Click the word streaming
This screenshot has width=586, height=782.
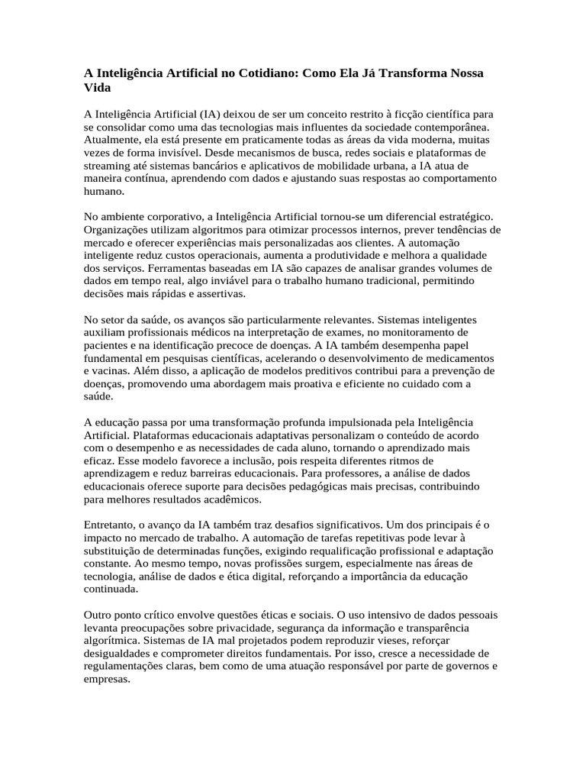pos(108,165)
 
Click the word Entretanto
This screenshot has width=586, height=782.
pos(111,525)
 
